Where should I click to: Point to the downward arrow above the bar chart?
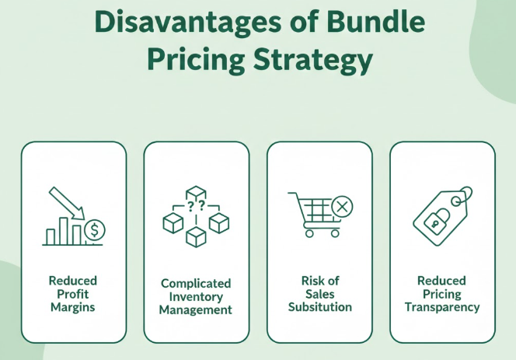click(x=68, y=204)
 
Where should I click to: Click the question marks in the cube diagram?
click(x=196, y=206)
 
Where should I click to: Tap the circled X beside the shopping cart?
click(x=341, y=207)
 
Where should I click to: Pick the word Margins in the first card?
click(x=72, y=306)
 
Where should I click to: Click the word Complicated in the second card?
click(x=196, y=285)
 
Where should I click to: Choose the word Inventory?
click(x=196, y=297)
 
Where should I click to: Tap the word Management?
click(x=196, y=309)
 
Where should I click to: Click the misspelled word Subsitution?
click(x=319, y=306)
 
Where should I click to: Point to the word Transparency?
click(x=441, y=306)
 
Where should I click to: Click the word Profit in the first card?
click(x=72, y=293)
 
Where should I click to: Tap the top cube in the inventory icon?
click(x=196, y=193)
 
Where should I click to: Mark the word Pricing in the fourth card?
click(x=441, y=293)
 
